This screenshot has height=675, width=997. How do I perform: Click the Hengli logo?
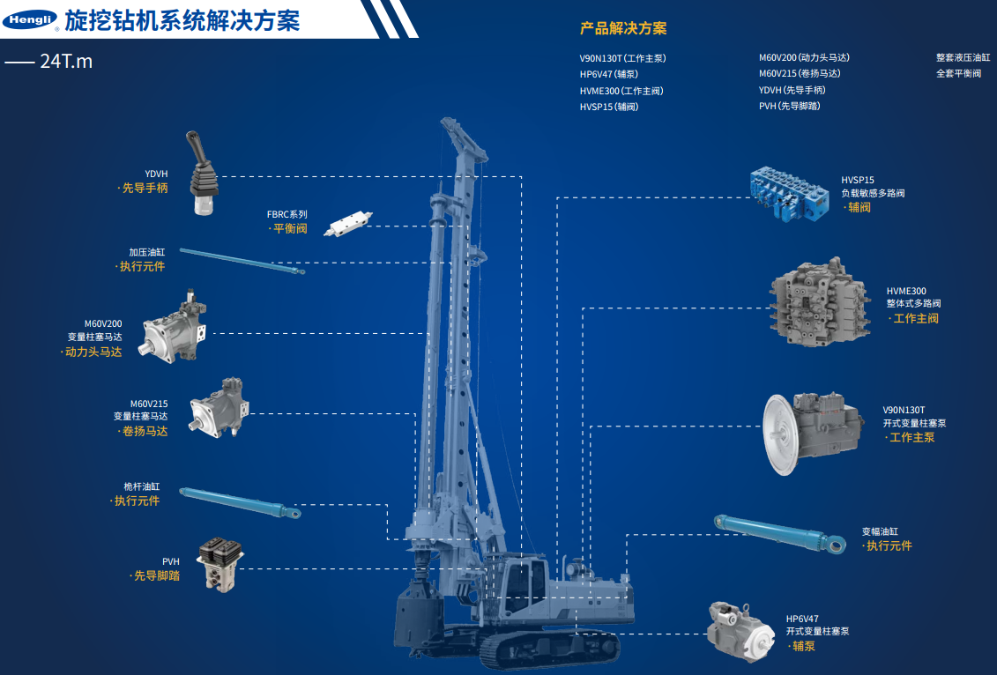point(29,19)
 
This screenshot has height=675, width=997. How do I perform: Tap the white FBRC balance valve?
point(348,224)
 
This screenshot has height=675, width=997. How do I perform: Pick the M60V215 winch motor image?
point(219,408)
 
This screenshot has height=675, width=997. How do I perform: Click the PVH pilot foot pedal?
point(219,564)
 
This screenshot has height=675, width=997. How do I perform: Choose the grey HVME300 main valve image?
point(819,302)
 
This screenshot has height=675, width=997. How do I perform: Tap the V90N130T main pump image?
point(813,433)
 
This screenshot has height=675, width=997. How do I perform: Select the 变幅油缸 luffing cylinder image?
point(780,533)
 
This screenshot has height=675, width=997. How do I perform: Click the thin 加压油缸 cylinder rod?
point(242,261)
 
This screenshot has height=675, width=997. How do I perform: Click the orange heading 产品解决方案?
point(623,28)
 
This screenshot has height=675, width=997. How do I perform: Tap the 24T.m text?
point(66,62)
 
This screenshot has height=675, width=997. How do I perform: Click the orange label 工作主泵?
point(911,437)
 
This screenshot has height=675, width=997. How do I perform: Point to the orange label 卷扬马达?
point(145,431)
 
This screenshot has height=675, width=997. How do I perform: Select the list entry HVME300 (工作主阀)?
point(621,91)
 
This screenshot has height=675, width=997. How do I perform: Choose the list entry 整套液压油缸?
point(963,57)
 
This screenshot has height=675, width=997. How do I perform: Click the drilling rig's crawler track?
point(550,649)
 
